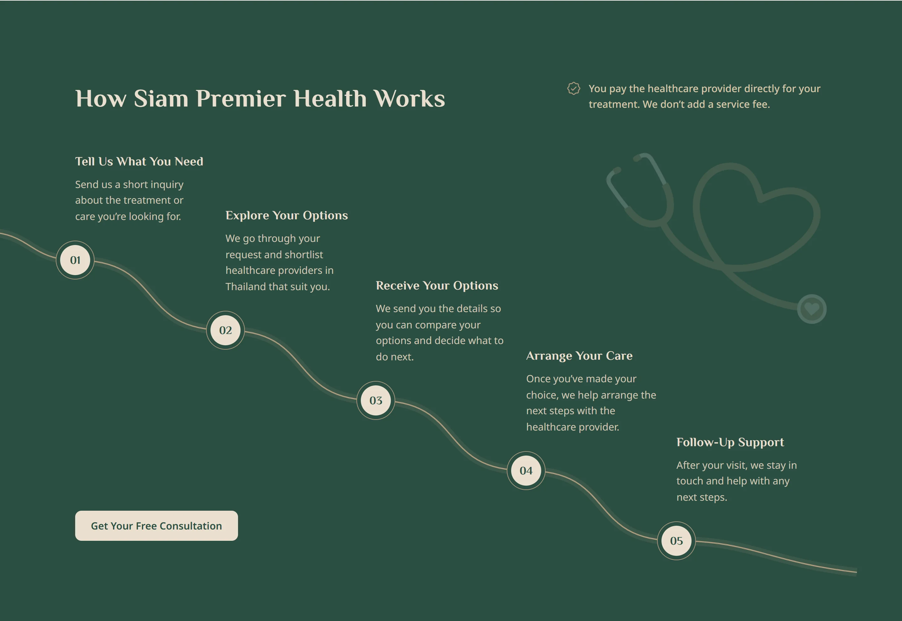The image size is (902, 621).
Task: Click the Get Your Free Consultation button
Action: click(x=156, y=526)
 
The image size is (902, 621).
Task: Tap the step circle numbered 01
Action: click(x=75, y=260)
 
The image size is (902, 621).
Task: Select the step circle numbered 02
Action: click(x=225, y=330)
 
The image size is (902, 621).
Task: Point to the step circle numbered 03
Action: click(x=376, y=400)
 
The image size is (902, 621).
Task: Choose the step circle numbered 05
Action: click(x=676, y=541)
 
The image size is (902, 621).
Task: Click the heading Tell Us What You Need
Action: click(x=139, y=161)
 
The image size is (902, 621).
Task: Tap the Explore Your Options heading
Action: click(x=287, y=216)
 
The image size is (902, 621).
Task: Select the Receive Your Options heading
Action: click(x=437, y=286)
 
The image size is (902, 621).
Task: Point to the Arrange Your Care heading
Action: click(x=579, y=356)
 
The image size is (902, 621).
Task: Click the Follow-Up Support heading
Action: click(x=730, y=442)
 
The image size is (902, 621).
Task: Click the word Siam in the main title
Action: click(x=161, y=98)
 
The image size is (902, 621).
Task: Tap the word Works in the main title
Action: click(x=409, y=98)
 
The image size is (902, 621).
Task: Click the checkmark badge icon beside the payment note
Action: click(x=574, y=88)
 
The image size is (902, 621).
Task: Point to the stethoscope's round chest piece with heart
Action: click(x=812, y=309)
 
